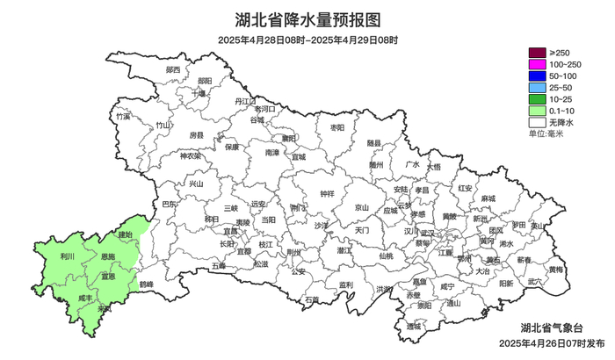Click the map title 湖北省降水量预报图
click(307, 19)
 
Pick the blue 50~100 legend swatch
click(536, 77)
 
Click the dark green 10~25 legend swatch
click(536, 100)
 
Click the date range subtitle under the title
click(307, 40)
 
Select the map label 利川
click(68, 256)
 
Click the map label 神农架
click(190, 157)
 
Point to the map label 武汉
click(427, 234)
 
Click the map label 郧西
click(173, 69)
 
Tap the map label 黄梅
click(555, 269)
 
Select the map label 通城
click(413, 326)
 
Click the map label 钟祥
click(327, 193)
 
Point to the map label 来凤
click(105, 309)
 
